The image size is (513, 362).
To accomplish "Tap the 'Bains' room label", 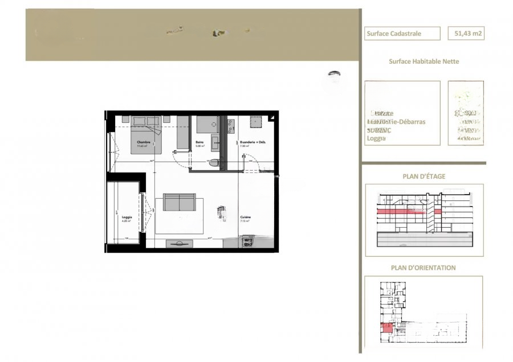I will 199,142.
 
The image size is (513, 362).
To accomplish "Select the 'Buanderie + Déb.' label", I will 254,142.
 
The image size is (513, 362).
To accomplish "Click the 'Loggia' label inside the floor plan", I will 127,217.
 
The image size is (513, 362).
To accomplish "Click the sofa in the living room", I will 180,202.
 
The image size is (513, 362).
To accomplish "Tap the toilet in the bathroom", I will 214,163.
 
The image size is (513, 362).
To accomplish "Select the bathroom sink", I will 216,142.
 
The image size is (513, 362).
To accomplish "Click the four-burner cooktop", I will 247,243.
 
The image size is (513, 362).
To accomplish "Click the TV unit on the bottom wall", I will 179,244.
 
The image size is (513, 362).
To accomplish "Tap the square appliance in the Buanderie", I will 255,122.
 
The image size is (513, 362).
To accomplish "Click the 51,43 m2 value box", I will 466,34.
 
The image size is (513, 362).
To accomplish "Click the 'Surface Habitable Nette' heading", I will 424,61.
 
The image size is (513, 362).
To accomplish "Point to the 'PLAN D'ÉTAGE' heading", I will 424,176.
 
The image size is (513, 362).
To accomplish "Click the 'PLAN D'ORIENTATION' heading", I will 424,268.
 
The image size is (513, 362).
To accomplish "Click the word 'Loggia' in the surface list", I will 376,138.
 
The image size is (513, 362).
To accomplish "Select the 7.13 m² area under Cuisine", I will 245,221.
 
